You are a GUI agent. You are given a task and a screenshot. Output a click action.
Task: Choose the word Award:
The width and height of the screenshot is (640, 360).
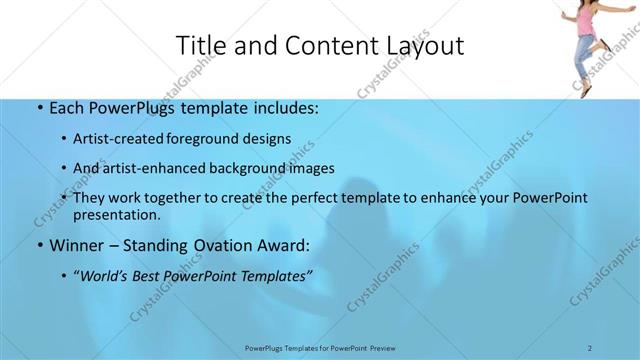[282, 245]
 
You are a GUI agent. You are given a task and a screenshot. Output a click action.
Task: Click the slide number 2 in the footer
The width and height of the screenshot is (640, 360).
[590, 347]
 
